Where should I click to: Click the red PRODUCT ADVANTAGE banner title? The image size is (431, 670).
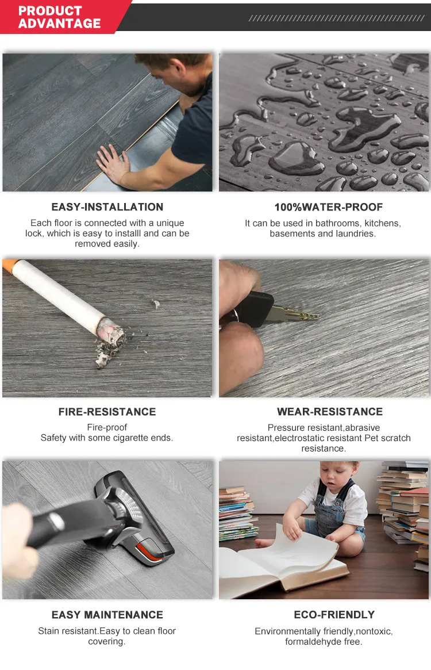(x=59, y=17)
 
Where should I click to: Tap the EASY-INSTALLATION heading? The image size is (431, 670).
(x=107, y=207)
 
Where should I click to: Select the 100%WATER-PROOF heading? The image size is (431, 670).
(x=329, y=207)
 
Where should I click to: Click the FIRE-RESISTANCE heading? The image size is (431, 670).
(x=107, y=412)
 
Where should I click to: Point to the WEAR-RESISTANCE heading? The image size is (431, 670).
(x=330, y=411)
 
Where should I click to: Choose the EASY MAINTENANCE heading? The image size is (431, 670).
(x=107, y=615)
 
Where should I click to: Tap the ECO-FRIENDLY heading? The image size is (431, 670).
(x=334, y=615)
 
